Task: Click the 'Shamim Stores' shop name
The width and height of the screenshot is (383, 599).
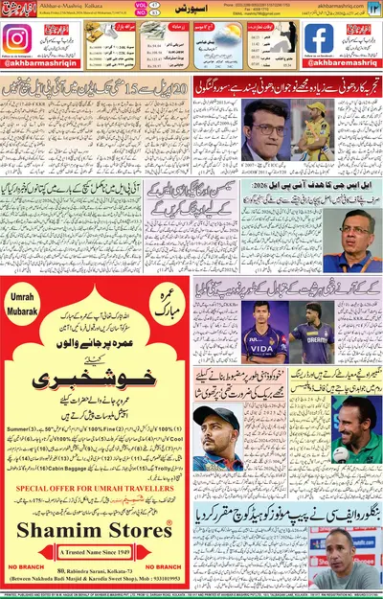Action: click(x=94, y=533)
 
